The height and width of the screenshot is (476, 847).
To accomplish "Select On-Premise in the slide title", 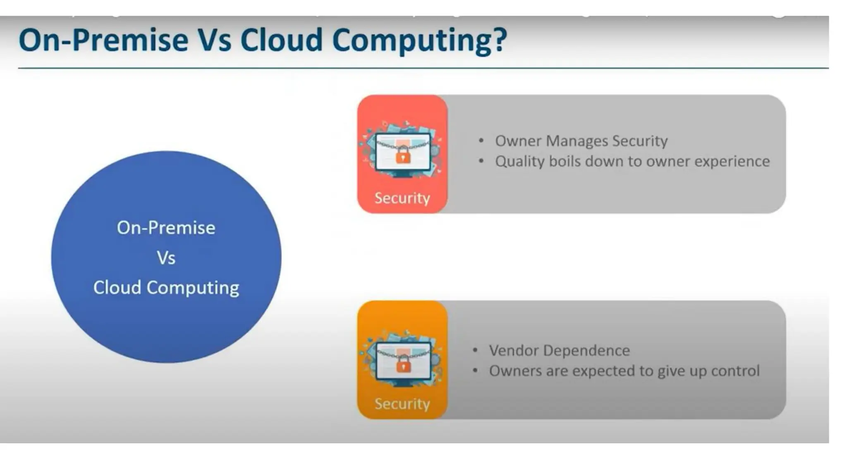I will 103,40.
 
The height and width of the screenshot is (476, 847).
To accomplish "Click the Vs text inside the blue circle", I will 166,258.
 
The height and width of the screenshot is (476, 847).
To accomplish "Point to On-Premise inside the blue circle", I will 166,228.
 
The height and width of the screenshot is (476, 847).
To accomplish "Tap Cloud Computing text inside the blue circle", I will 166,288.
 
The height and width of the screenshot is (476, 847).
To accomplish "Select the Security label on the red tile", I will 402,198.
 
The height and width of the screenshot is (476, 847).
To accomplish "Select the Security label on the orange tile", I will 402,404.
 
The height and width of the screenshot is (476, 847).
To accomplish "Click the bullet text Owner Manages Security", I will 581,141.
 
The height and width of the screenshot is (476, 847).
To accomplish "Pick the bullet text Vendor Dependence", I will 559,350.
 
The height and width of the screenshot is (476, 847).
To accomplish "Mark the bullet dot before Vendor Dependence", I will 475,350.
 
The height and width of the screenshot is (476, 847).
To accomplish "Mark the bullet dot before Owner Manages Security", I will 481,141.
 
